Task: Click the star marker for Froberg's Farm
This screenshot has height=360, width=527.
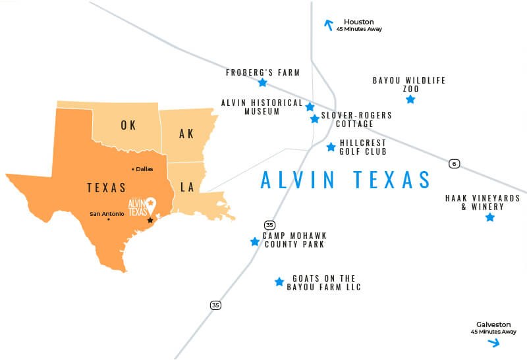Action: point(263,83)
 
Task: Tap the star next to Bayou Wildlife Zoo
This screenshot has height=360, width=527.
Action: point(410,99)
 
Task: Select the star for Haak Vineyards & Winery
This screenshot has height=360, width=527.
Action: point(489,217)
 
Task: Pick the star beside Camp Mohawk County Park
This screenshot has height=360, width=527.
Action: point(255,242)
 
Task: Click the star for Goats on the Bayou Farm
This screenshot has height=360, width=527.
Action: point(279,282)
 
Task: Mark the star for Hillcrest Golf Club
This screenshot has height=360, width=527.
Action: point(331,147)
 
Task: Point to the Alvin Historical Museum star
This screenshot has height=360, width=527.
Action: point(310,107)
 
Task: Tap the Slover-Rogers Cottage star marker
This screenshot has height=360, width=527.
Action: point(315,119)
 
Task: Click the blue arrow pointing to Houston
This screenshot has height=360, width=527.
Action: point(328,25)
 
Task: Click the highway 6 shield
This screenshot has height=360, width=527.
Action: point(454,163)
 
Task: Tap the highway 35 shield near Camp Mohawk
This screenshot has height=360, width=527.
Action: point(269,225)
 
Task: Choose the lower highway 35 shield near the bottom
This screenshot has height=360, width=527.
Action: point(215,305)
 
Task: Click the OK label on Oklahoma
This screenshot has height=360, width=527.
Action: point(128,125)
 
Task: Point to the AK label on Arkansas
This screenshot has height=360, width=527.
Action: point(186,134)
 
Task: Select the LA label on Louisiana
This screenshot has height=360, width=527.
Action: point(188,188)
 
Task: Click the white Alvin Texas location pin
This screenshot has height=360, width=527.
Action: point(150,203)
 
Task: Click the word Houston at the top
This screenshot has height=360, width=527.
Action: point(358,22)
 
